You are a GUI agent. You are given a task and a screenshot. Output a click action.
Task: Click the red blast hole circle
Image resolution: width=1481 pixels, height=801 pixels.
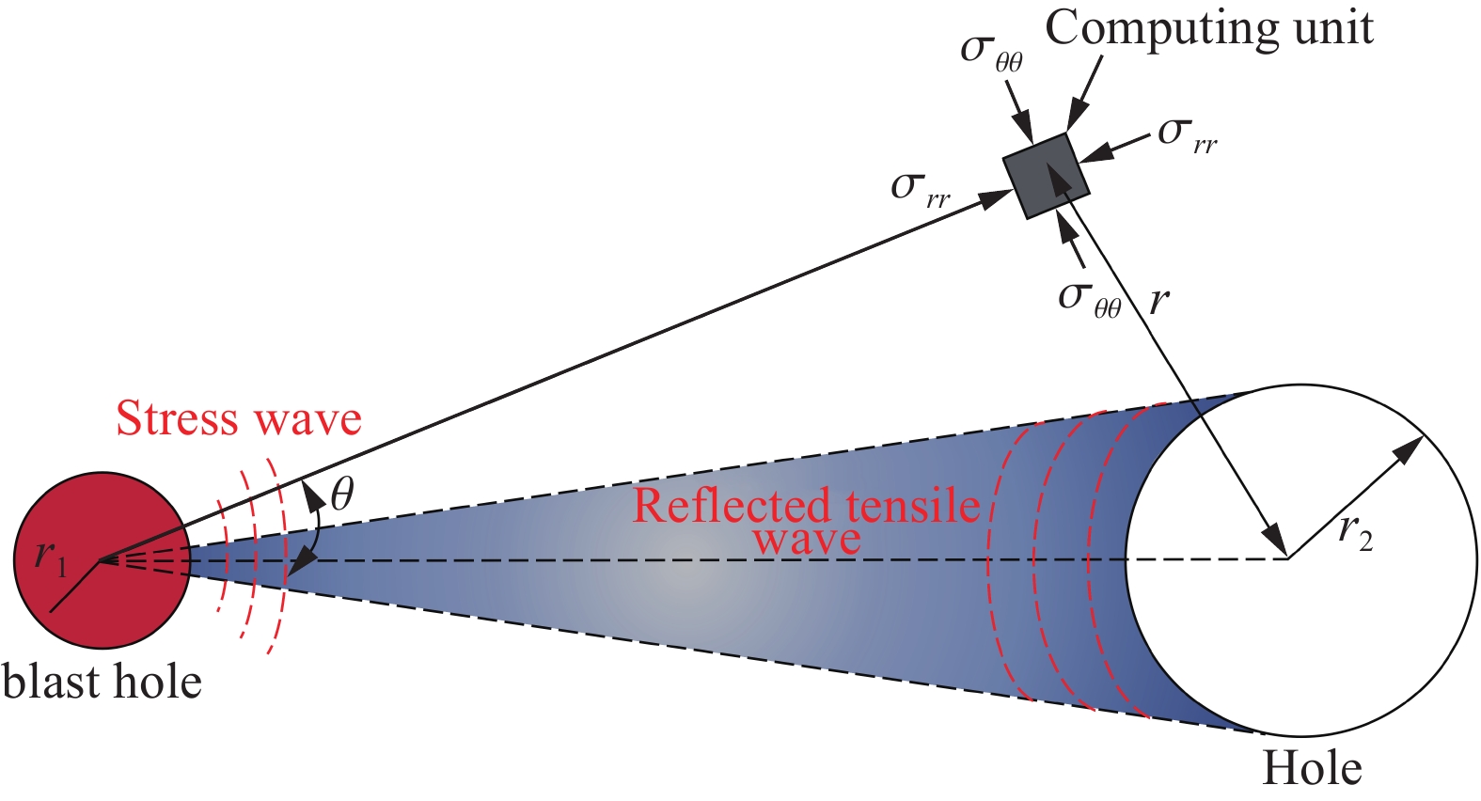(102, 559)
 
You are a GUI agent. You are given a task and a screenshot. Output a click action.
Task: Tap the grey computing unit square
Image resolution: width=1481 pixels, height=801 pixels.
(1046, 176)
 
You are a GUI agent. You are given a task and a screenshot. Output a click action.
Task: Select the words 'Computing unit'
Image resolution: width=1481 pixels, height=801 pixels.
(1209, 29)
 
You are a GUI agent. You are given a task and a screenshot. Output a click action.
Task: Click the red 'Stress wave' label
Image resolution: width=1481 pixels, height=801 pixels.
(239, 418)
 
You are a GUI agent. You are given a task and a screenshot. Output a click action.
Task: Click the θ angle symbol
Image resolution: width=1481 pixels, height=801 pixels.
(342, 495)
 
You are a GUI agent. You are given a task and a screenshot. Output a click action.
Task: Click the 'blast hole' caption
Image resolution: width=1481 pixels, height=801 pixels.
(102, 682)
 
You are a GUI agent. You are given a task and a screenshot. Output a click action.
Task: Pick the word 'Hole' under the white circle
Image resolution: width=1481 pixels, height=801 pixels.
(1313, 769)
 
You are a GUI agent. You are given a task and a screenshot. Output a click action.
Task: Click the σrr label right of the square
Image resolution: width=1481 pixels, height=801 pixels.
(1188, 135)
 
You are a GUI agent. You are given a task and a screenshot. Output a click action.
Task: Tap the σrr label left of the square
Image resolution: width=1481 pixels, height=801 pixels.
(921, 190)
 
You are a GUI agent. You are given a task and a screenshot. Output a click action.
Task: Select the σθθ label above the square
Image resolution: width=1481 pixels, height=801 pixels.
(991, 53)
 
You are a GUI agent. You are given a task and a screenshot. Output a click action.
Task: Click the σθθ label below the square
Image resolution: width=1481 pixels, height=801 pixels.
(1090, 301)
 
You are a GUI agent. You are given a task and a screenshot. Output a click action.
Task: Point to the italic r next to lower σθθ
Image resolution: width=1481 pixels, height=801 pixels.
(1159, 302)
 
